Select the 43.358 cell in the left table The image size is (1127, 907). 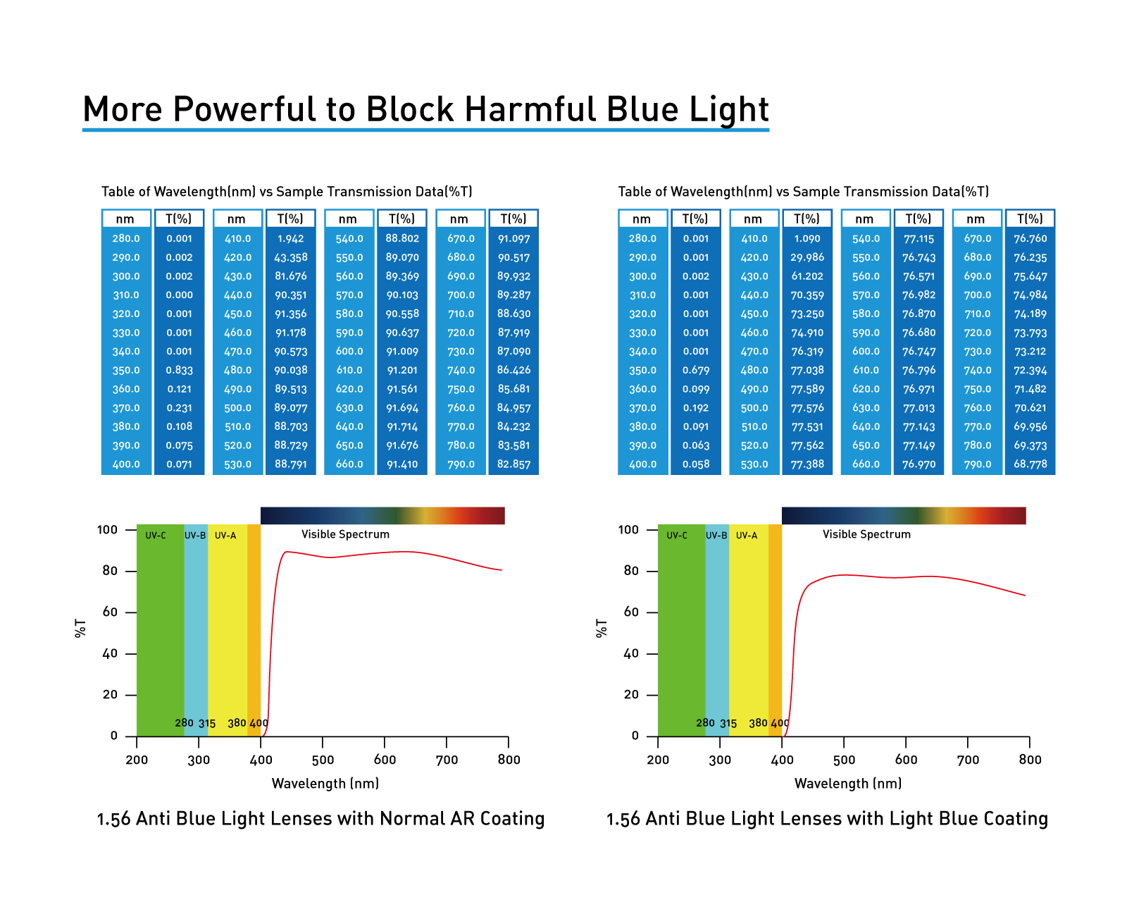pyautogui.click(x=290, y=258)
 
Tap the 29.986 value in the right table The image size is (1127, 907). pyautogui.click(x=807, y=258)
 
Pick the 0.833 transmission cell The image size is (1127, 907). pyautogui.click(x=179, y=371)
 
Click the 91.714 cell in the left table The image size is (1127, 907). pyautogui.click(x=402, y=427)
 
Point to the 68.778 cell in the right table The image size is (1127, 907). pyautogui.click(x=1030, y=464)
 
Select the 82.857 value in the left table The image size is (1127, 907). pyautogui.click(x=513, y=464)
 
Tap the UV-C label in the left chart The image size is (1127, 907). pyautogui.click(x=156, y=536)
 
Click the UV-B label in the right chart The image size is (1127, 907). pyautogui.click(x=716, y=536)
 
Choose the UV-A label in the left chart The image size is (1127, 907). pyautogui.click(x=225, y=536)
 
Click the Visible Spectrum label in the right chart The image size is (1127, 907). pyautogui.click(x=866, y=534)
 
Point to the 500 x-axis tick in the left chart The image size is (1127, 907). pyautogui.click(x=323, y=760)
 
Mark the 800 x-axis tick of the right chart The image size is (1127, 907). pyautogui.click(x=1030, y=760)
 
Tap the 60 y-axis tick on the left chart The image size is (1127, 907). pyautogui.click(x=110, y=612)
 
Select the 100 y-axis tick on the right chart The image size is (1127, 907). pyautogui.click(x=628, y=529)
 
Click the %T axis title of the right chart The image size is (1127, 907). pyautogui.click(x=601, y=629)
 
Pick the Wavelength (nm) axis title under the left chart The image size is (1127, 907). pyautogui.click(x=325, y=784)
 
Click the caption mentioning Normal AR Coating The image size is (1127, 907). pyautogui.click(x=320, y=819)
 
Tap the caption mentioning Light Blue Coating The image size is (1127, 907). pyautogui.click(x=827, y=819)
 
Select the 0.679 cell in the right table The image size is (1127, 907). pyautogui.click(x=695, y=371)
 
